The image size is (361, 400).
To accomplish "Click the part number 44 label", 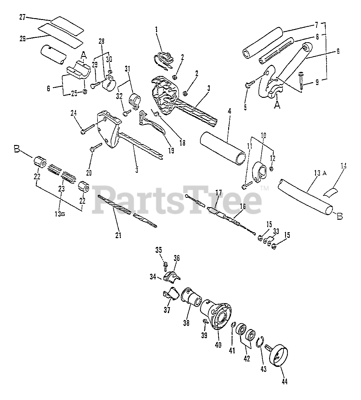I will point(284,381).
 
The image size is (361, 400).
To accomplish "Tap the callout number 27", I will point(22,17).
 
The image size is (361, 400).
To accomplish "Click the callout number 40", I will point(218,345).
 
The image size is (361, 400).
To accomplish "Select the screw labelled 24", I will point(88,128).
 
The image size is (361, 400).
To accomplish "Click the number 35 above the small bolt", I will point(159,249).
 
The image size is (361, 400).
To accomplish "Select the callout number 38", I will point(187,324).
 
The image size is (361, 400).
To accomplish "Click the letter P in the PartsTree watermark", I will point(105,198).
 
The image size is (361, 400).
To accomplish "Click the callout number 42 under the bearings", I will point(247,358).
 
